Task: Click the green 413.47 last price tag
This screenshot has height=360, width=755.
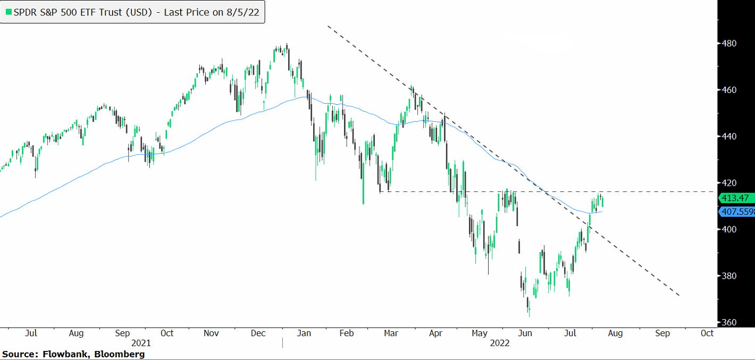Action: (736, 198)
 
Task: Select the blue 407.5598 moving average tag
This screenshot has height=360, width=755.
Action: (736, 212)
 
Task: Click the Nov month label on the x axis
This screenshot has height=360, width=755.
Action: (212, 333)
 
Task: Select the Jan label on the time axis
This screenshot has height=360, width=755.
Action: (304, 333)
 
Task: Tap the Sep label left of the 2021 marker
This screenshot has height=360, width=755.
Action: (122, 333)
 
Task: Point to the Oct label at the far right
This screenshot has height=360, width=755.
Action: (707, 333)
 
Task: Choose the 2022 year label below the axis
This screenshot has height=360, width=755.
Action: (499, 343)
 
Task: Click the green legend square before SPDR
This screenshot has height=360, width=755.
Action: (8, 12)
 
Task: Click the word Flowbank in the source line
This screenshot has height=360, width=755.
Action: (57, 354)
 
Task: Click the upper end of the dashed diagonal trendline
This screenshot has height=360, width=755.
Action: (328, 26)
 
